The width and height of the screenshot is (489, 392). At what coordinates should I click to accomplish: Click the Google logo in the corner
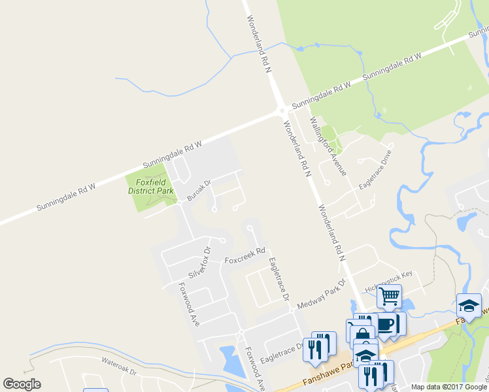[x=22, y=384]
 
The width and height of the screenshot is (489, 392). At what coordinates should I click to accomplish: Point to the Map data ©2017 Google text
[x=449, y=387]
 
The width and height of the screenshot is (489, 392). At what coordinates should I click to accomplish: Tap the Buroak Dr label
[x=199, y=190]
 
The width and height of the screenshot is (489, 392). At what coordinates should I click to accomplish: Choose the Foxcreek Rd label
[x=244, y=255]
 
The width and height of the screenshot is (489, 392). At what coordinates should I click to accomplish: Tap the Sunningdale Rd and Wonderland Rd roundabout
[x=280, y=111]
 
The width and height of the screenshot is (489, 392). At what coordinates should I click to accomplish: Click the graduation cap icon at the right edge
[x=469, y=304]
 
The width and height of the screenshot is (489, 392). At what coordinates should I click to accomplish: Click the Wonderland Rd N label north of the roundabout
[x=259, y=45]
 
